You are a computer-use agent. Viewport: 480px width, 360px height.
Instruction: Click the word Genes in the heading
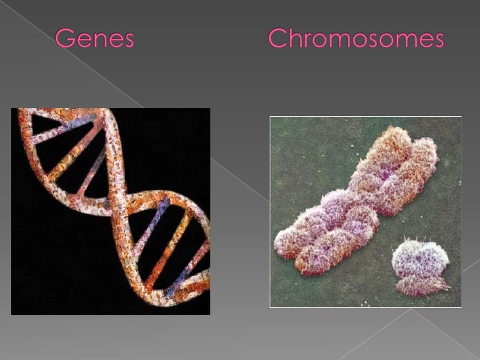click(x=94, y=41)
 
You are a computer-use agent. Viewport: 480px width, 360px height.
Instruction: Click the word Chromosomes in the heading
click(x=357, y=41)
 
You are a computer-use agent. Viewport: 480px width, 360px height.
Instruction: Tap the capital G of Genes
click(x=65, y=41)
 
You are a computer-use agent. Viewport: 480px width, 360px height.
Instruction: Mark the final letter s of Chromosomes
click(x=438, y=43)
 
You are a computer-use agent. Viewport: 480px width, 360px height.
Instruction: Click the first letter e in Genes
click(x=82, y=43)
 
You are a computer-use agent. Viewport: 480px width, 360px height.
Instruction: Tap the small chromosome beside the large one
click(x=420, y=267)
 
